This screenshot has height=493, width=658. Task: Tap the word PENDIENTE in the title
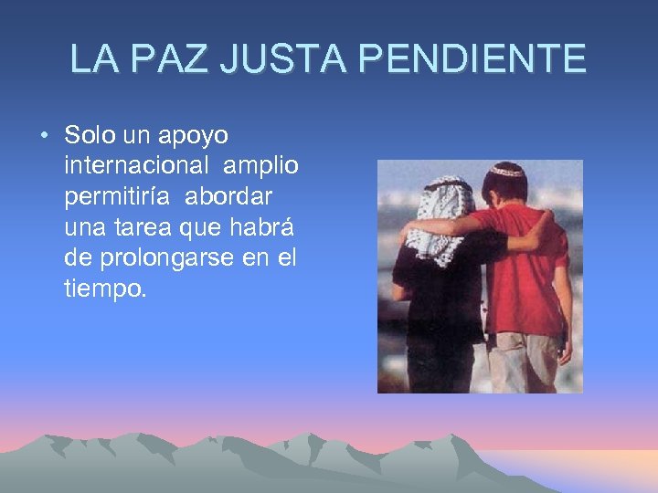click(472, 58)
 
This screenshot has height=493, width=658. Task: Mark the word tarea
click(139, 229)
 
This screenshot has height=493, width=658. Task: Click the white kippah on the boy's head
click(505, 171)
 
